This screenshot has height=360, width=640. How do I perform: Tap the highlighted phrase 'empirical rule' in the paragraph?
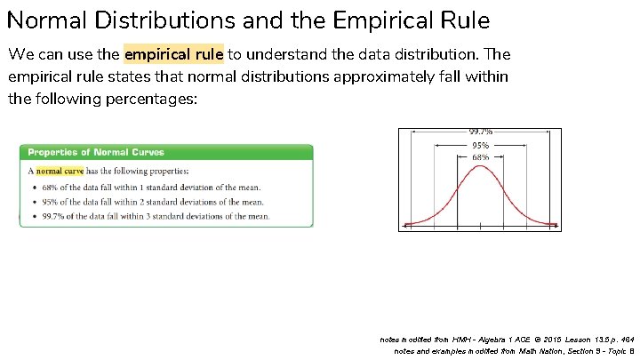(173, 54)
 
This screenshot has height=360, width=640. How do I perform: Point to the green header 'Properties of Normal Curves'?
(96, 153)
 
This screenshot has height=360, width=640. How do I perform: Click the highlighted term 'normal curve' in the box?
(60, 171)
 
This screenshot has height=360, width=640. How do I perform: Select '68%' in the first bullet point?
(50, 188)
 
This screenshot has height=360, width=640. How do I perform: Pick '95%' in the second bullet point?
(50, 202)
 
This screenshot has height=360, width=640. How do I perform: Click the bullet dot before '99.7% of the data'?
(33, 216)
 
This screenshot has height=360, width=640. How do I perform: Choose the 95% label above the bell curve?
(480, 145)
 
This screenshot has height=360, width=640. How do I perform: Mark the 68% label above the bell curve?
(480, 157)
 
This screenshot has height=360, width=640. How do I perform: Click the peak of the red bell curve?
(480, 165)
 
